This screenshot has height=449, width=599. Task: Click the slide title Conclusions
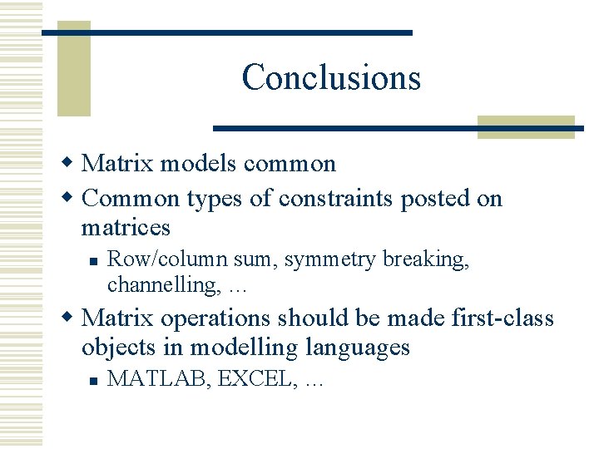pyautogui.click(x=331, y=78)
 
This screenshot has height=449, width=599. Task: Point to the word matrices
pyautogui.click(x=126, y=227)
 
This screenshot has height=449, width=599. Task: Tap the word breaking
pyautogui.click(x=426, y=260)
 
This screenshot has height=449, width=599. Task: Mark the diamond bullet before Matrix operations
pyautogui.click(x=71, y=318)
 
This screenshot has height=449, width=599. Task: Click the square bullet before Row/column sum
pyautogui.click(x=95, y=260)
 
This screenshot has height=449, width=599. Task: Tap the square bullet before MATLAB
pyautogui.click(x=95, y=380)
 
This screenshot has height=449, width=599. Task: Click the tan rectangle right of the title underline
pyautogui.click(x=526, y=126)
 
